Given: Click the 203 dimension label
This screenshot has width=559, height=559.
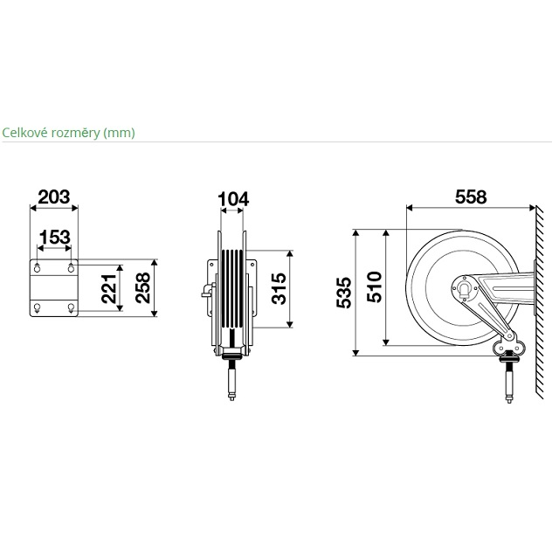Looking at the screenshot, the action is point(54,197).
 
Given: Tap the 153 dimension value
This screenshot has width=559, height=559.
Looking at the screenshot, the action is point(54,237).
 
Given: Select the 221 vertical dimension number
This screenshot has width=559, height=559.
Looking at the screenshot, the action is point(109,288).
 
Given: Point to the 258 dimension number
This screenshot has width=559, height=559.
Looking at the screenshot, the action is point(143,288).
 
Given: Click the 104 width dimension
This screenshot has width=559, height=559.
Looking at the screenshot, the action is point(233,199).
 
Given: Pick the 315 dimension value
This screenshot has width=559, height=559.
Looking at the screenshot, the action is point(279,289).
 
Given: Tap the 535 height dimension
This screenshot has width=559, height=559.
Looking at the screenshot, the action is point(344,293).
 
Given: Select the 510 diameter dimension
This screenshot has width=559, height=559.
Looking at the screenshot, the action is point(375,287).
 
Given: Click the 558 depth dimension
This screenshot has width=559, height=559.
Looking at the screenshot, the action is point(471,197).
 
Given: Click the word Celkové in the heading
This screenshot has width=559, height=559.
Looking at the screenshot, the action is point(25,133).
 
